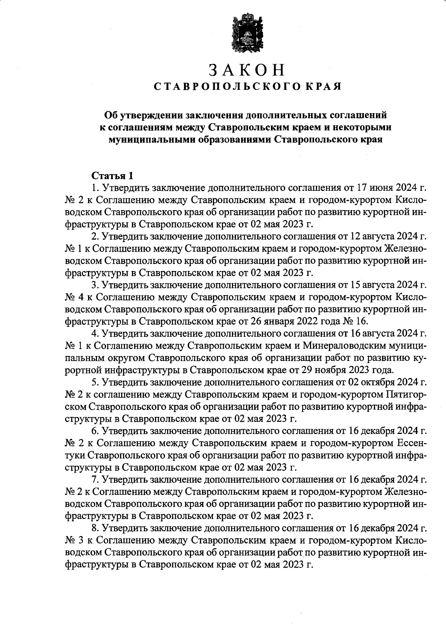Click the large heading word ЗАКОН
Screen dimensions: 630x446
pos(247,70)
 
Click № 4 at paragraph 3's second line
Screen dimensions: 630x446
pos(73,297)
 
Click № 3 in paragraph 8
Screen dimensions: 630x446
pos(73,540)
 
